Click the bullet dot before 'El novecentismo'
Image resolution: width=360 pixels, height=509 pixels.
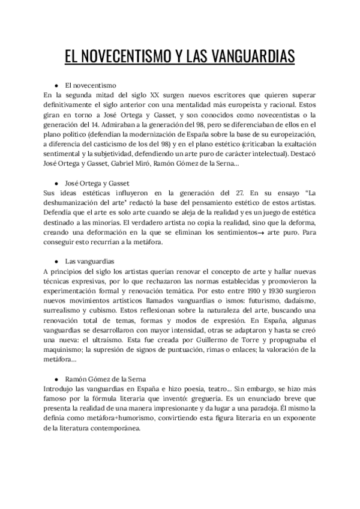(x=56, y=85)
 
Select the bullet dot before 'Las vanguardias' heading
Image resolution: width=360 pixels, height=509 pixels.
(x=56, y=262)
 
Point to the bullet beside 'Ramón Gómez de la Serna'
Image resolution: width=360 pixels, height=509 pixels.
(x=56, y=379)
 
